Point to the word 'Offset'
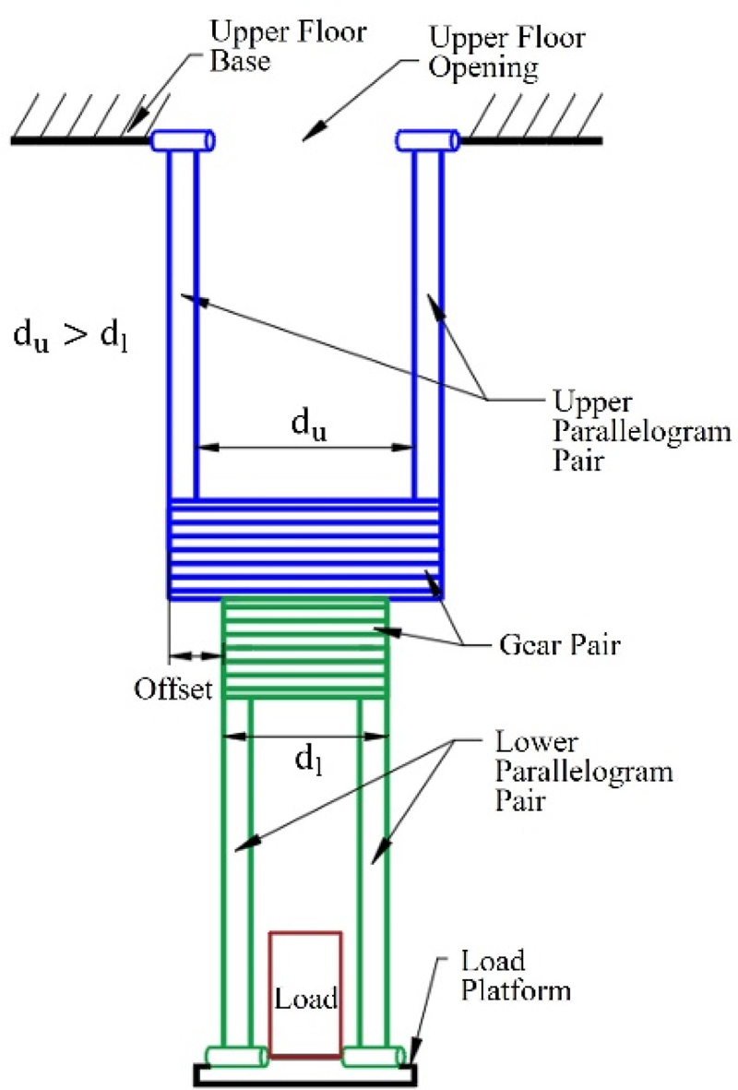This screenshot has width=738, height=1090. pos(174,689)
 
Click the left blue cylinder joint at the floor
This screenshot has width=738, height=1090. pos(183,140)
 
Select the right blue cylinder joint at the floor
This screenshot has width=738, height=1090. pos(428,140)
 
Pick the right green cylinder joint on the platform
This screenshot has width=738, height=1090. pos(374,1057)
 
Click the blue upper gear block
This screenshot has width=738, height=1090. pos(304,549)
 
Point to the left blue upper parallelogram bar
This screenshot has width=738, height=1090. pos(182,323)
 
